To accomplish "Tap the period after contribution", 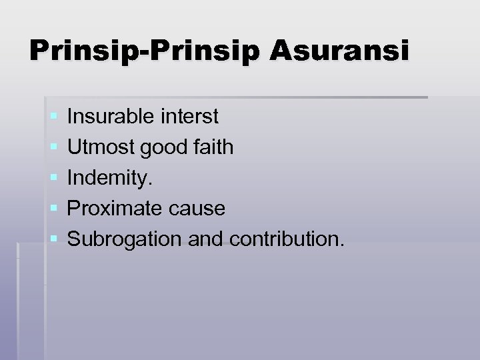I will pyautogui.click(x=342, y=245).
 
